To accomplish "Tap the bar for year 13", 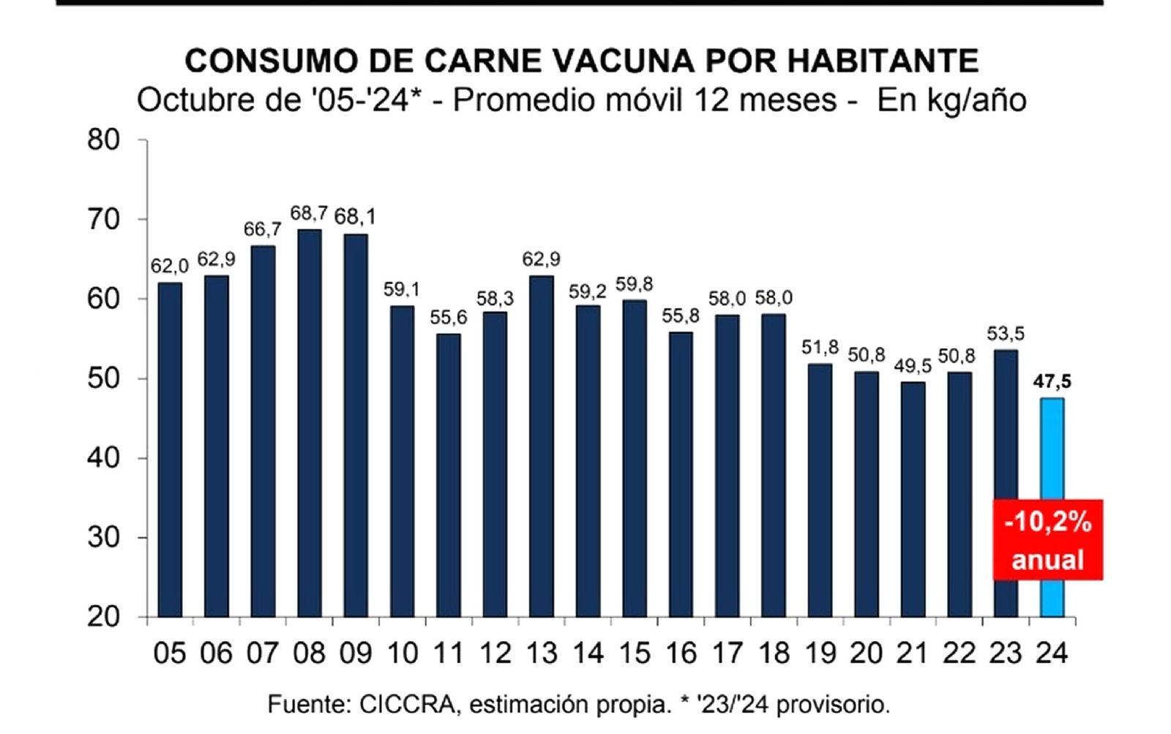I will (x=541, y=446).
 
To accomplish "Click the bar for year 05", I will (x=170, y=449).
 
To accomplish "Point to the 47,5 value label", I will (x=1052, y=381).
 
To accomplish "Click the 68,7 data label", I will (x=309, y=214).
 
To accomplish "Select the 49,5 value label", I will (x=913, y=365).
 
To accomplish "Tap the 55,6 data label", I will (x=448, y=318).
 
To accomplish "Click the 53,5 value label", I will (x=1006, y=334).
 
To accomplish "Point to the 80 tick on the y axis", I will (x=103, y=140).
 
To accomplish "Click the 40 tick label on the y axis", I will (x=103, y=458).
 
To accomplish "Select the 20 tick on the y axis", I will (x=103, y=617).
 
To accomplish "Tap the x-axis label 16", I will (x=681, y=653).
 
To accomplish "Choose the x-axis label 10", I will (x=402, y=653).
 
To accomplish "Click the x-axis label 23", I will (x=1006, y=653).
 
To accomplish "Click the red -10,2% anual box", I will (x=1047, y=540).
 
